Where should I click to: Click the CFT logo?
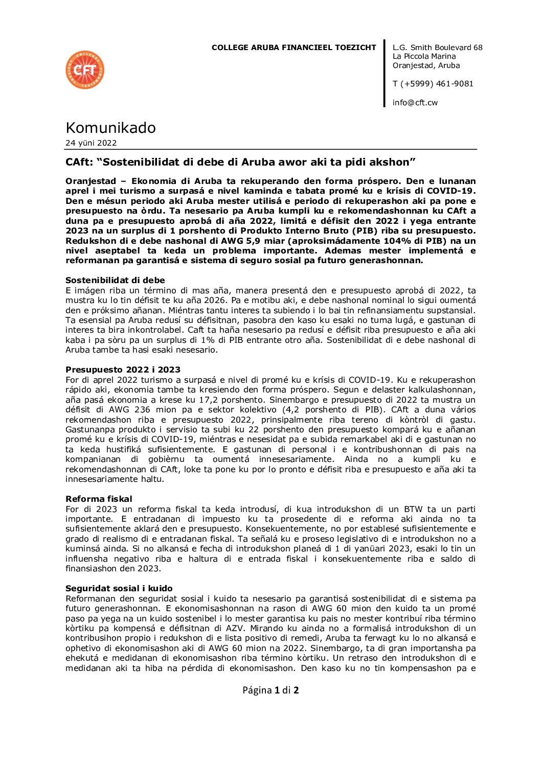point(85,70)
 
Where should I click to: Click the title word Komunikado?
point(110,128)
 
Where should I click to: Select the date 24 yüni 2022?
point(91,143)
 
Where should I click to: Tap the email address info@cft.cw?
point(415,103)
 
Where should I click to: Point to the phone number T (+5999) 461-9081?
point(433,84)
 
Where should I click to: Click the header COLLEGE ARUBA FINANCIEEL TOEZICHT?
point(294,48)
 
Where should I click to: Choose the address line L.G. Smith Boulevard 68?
point(437,48)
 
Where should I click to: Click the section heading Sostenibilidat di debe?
point(115,280)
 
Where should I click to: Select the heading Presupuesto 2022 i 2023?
point(123,369)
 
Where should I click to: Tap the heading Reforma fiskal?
point(99,499)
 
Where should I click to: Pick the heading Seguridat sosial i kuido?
point(119,588)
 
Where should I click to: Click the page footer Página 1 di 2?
point(270,690)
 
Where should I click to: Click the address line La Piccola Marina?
point(424,56)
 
